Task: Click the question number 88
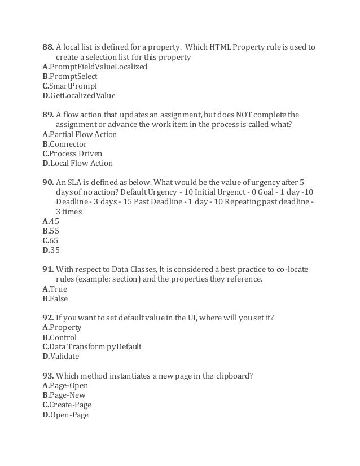pyautogui.click(x=48, y=46)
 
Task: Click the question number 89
pyautogui.click(x=48, y=115)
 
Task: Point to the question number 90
pyautogui.click(x=48, y=183)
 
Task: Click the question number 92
pyautogui.click(x=48, y=318)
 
